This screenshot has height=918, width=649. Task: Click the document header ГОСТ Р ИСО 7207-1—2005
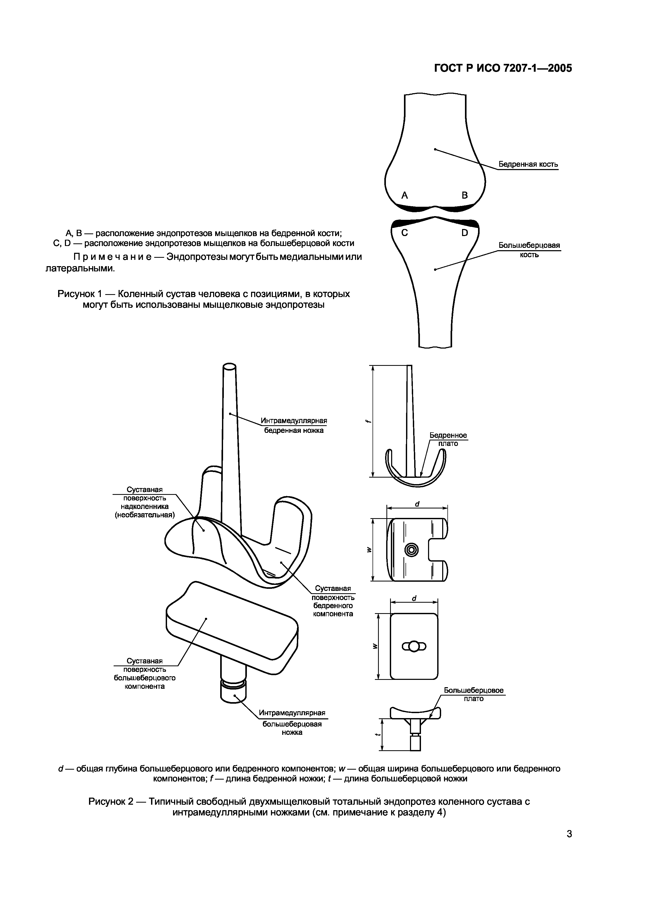click(503, 68)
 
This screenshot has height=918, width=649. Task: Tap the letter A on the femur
click(405, 195)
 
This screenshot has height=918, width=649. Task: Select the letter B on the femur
click(465, 195)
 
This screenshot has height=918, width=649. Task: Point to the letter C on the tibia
click(405, 233)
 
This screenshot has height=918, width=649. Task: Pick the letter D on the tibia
click(465, 233)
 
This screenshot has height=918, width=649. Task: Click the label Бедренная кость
click(528, 164)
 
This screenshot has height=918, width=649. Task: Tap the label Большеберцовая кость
click(529, 250)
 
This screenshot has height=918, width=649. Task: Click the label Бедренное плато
click(448, 439)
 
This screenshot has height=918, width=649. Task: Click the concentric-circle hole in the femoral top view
click(412, 550)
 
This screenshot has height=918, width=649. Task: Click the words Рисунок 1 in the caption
click(81, 294)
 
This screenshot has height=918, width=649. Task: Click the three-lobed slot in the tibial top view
click(414, 646)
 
